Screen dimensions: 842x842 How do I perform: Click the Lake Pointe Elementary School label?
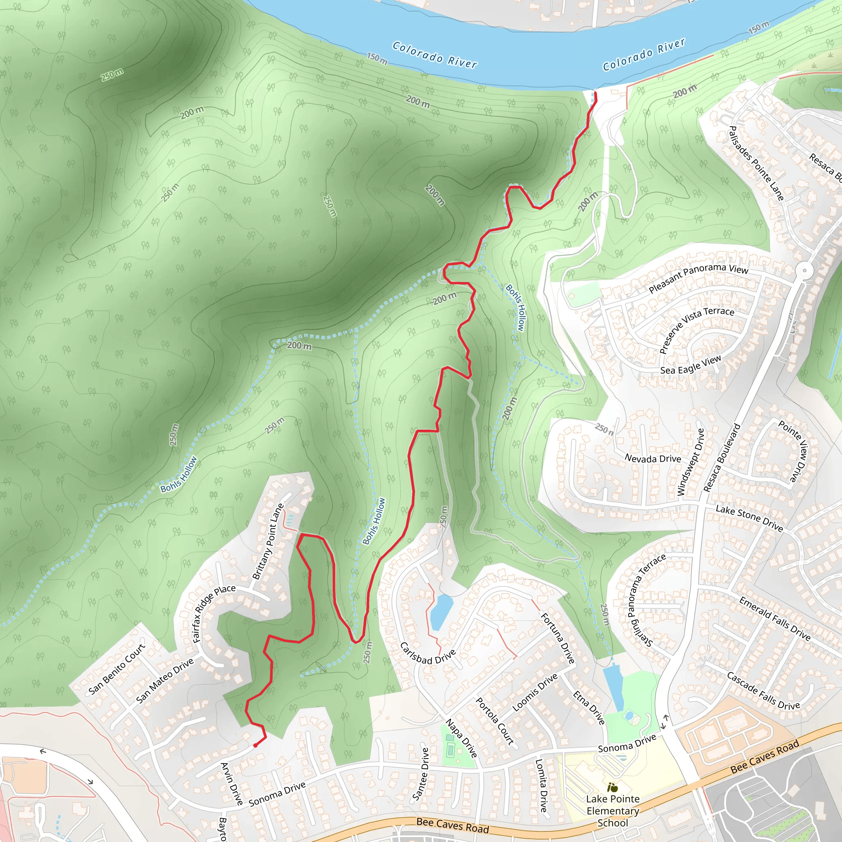tap(612, 811)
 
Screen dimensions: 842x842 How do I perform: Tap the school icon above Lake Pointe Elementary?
tap(612, 787)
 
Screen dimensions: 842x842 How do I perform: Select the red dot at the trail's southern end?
tap(255, 745)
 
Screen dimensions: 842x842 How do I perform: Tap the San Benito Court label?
tap(116, 669)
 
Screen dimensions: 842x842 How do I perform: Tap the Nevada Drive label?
tap(652, 458)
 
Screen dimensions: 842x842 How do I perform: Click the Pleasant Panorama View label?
tap(698, 278)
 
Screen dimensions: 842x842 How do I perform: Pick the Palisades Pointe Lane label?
tap(756, 163)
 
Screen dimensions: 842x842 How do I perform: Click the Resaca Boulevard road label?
tap(722, 458)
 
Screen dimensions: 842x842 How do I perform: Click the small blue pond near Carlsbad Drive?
tap(441, 609)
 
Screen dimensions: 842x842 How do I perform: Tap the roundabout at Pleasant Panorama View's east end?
tap(805, 271)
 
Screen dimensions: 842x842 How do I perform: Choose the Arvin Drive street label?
tap(231, 783)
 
